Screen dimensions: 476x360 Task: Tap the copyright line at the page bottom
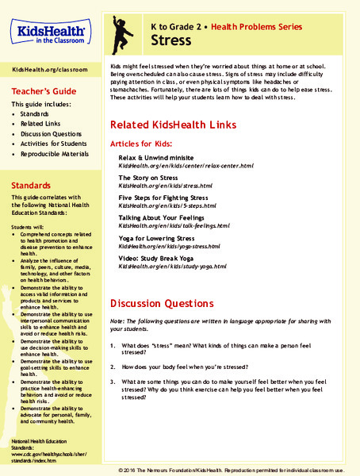(237, 470)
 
